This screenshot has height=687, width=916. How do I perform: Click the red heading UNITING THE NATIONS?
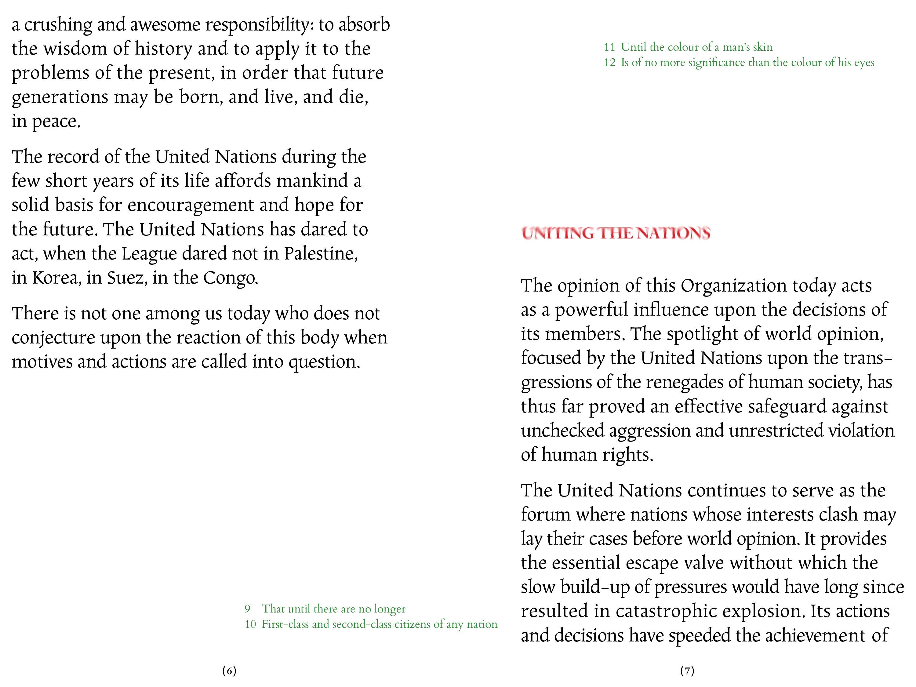pyautogui.click(x=616, y=233)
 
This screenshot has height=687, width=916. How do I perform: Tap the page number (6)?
pyautogui.click(x=229, y=671)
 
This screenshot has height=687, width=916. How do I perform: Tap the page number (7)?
pyautogui.click(x=687, y=671)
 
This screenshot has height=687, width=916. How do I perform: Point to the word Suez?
pyautogui.click(x=127, y=278)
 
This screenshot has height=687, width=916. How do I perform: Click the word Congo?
pyautogui.click(x=230, y=278)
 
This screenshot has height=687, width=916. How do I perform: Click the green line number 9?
pyautogui.click(x=247, y=609)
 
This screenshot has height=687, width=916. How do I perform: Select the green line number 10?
pyautogui.click(x=250, y=624)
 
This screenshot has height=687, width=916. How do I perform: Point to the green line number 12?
pyautogui.click(x=609, y=63)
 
